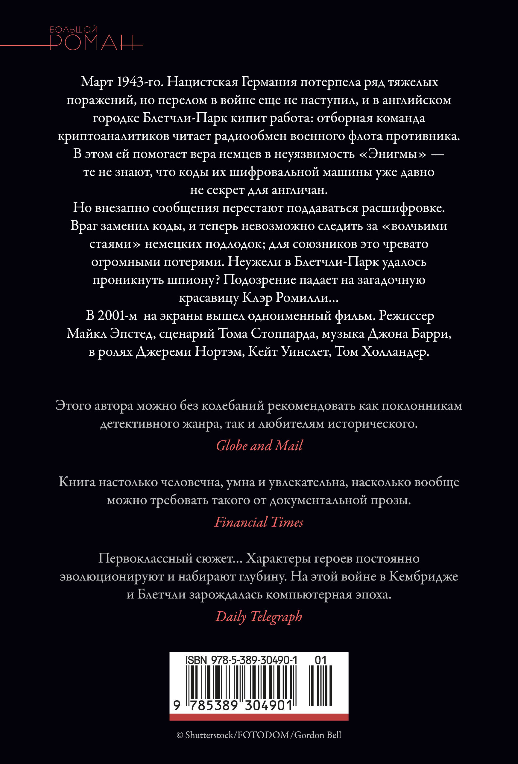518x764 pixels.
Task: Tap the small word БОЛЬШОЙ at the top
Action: (x=74, y=30)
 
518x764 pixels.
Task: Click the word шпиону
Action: (x=194, y=280)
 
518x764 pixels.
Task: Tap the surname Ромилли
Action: (x=302, y=298)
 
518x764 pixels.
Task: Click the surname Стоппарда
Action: (x=284, y=334)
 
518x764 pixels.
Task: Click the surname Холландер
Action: (x=395, y=351)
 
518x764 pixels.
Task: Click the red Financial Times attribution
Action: (x=259, y=522)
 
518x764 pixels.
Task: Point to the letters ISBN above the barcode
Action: (x=196, y=660)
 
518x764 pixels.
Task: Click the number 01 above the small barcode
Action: (x=320, y=660)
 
